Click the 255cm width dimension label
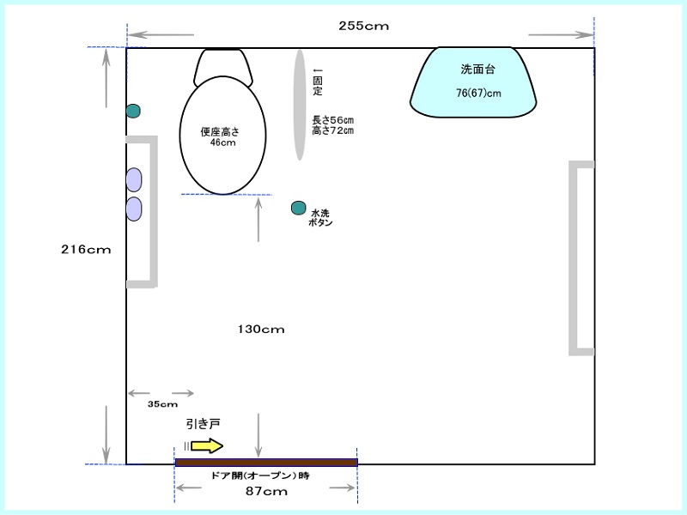tap(363, 26)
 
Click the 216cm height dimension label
tap(86, 250)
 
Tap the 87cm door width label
tap(266, 491)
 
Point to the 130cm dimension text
tap(261, 330)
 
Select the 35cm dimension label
tap(162, 404)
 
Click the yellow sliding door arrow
tap(207, 445)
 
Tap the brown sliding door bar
tap(266, 463)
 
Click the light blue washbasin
tap(473, 82)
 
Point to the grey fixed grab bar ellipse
tap(299, 105)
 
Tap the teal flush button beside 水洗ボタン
tap(298, 208)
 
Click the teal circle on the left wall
tap(133, 111)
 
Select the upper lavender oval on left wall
tap(134, 179)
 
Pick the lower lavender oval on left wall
tap(134, 209)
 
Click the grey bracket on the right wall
tap(572, 258)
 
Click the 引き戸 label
tap(204, 424)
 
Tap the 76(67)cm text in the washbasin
tap(478, 94)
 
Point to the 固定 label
tap(318, 86)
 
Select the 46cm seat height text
tap(223, 142)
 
